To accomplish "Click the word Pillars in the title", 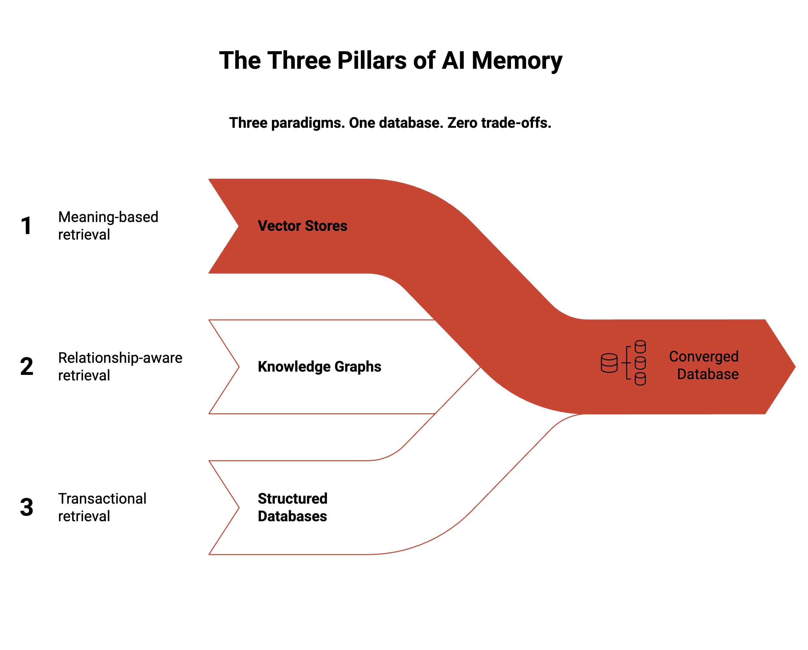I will [x=371, y=61].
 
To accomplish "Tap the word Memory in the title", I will [x=517, y=61].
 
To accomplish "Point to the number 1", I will [x=26, y=226].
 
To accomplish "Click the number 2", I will [x=27, y=366].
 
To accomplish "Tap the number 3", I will [x=27, y=507].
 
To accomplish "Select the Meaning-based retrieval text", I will [x=108, y=226].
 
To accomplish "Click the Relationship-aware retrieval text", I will [x=120, y=366].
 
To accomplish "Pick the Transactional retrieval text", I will [x=102, y=507].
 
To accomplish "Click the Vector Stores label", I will [x=303, y=226].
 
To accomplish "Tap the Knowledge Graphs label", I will [x=319, y=366].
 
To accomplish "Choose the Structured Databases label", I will [x=292, y=507].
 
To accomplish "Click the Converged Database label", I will [x=704, y=365].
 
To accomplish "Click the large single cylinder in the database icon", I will [x=609, y=363].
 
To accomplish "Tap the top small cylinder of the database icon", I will [x=640, y=347].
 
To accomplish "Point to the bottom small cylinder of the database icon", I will [x=640, y=379].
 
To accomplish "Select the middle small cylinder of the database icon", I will [x=640, y=363].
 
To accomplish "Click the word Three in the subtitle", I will [x=248, y=123].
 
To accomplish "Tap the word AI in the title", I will [x=454, y=61].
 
